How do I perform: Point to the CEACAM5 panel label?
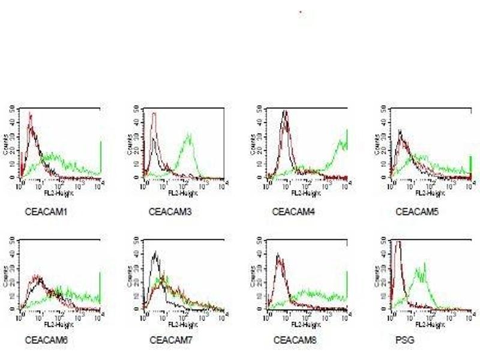pos(413,212)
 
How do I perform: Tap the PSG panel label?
pos(404,340)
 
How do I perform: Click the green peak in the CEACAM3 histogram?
pos(189,136)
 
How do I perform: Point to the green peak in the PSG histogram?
pos(425,264)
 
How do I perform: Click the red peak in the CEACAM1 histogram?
pos(30,114)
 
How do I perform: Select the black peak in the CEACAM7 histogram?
pos(155,253)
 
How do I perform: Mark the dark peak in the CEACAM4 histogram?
pos(286,112)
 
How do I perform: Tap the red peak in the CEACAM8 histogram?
pos(277,256)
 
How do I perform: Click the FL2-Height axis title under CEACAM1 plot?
pos(56,193)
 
